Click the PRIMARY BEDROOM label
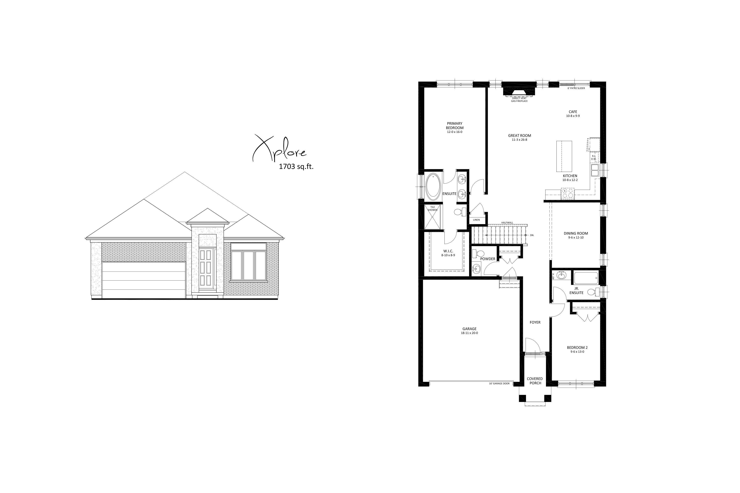pos(455,126)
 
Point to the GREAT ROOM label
pos(519,136)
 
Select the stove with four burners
pos(568,193)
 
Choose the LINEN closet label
pos(476,220)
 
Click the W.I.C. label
pos(448,251)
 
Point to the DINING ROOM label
pos(576,234)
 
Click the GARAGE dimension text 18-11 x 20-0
pos(469,333)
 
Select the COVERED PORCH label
pos(535,381)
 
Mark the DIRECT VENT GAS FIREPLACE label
pos(519,100)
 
